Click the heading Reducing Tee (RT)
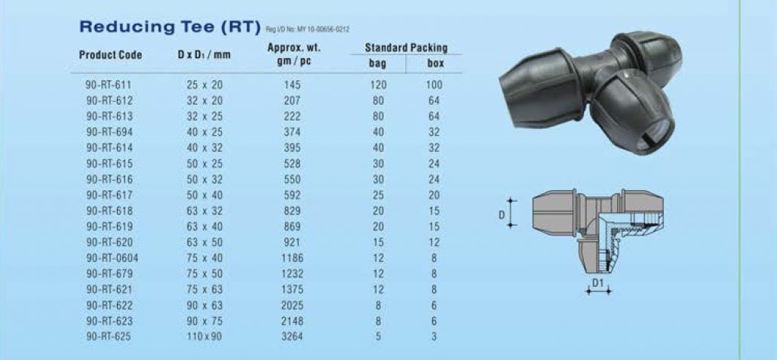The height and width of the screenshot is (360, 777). click(x=170, y=27)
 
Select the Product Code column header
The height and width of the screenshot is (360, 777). click(x=110, y=55)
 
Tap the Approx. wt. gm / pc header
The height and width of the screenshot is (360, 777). click(x=294, y=56)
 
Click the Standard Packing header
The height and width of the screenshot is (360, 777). click(x=407, y=48)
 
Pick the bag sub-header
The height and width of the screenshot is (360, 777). click(x=378, y=64)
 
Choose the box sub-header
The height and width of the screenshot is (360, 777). click(x=435, y=64)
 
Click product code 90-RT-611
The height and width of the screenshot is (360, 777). click(x=109, y=85)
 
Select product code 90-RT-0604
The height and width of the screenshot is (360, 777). click(x=112, y=258)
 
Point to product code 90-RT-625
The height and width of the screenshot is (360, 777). click(x=109, y=337)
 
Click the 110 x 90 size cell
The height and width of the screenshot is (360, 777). click(x=204, y=337)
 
